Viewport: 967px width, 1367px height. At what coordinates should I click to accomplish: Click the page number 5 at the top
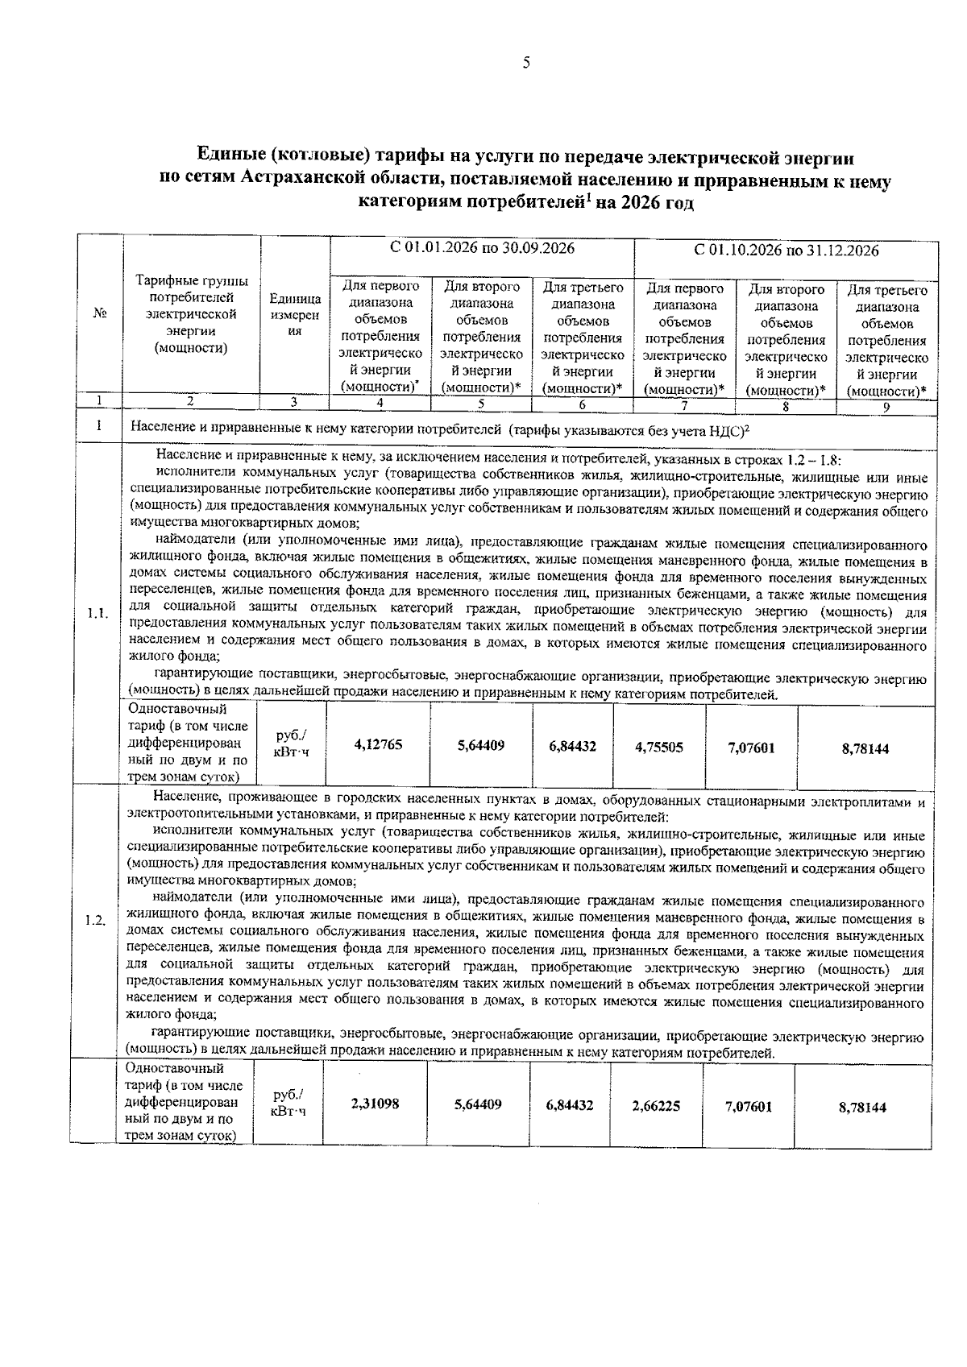click(525, 64)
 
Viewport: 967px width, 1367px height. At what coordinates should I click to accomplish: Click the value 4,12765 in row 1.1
click(378, 745)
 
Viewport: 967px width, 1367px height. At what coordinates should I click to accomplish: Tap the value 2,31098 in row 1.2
click(375, 1104)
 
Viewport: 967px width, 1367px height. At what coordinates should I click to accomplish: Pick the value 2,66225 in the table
click(656, 1106)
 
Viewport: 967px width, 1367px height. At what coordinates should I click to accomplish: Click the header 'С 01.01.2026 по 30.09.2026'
click(482, 248)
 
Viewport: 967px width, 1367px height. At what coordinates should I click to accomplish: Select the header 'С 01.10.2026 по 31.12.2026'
click(786, 251)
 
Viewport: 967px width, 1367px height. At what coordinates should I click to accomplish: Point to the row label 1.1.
click(98, 614)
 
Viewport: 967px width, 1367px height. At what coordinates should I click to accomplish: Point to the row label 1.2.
click(96, 921)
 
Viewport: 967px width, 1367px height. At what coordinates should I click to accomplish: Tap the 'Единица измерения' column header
click(295, 315)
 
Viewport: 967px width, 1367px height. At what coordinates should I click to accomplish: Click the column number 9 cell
click(885, 408)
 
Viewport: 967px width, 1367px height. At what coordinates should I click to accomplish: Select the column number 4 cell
click(379, 403)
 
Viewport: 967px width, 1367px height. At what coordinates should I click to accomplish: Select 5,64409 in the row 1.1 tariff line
click(481, 746)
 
